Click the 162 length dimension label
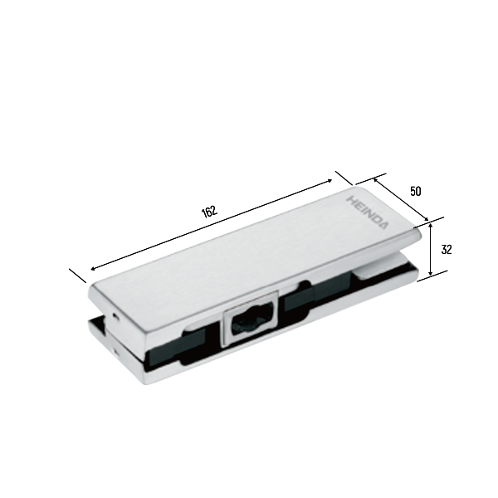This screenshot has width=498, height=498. pyautogui.click(x=210, y=212)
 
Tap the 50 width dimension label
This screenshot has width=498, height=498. pyautogui.click(x=416, y=192)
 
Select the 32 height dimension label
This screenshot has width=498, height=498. pyautogui.click(x=447, y=250)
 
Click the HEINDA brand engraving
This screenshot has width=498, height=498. pyautogui.click(x=368, y=212)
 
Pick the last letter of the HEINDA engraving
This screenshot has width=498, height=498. pyautogui.click(x=383, y=226)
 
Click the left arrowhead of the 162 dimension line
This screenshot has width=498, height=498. pyautogui.click(x=93, y=269)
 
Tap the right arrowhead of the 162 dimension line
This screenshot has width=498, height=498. pyautogui.click(x=330, y=181)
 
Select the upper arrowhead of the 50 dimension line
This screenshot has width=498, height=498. pyautogui.click(x=375, y=180)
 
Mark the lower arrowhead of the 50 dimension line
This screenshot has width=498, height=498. pyautogui.click(x=427, y=219)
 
